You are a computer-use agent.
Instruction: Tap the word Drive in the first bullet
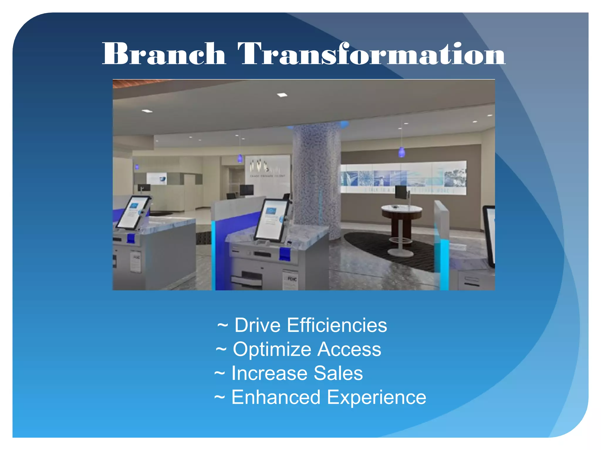(x=257, y=325)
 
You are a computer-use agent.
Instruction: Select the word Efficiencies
(x=337, y=325)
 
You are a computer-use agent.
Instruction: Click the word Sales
(x=338, y=374)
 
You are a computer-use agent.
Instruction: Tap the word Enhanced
(x=276, y=398)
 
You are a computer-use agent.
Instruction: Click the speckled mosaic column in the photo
(x=317, y=176)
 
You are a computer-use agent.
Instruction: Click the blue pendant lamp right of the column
(x=401, y=152)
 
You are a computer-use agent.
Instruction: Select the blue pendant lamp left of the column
(x=240, y=158)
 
